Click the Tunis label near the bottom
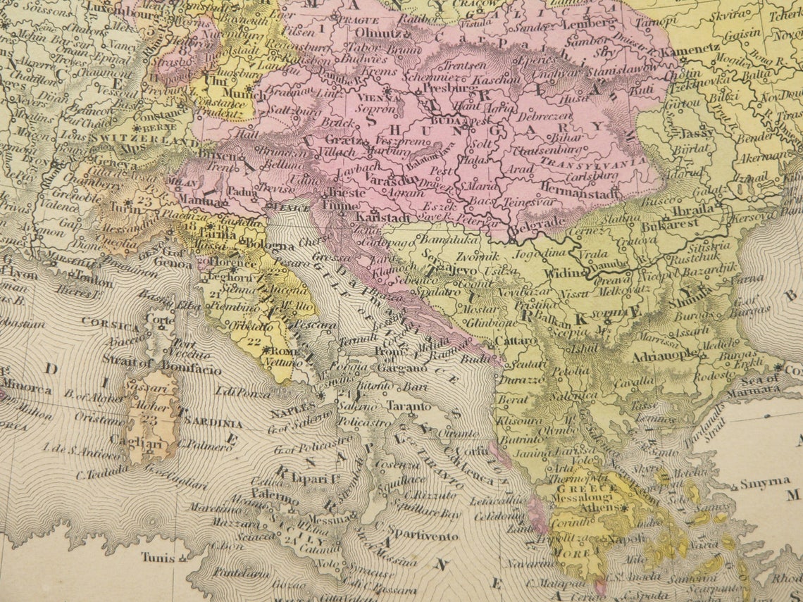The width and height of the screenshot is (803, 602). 158,557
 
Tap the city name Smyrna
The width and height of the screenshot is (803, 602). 764,483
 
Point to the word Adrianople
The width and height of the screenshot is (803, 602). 665,356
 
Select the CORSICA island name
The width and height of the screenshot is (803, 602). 110,325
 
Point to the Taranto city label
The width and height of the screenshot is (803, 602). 409,406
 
